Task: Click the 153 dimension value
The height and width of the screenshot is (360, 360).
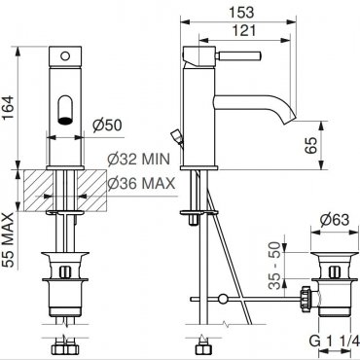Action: (x=241, y=13)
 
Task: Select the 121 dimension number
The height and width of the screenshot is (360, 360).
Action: (x=244, y=30)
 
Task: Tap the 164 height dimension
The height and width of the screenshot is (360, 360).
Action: (x=8, y=108)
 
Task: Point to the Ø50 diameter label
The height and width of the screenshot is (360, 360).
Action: (x=107, y=126)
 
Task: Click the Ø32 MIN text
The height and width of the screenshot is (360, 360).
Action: (x=139, y=159)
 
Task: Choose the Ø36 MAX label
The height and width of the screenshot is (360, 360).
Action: (x=141, y=184)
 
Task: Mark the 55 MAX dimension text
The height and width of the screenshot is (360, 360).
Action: (x=8, y=240)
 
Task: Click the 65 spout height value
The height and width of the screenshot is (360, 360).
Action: (x=310, y=145)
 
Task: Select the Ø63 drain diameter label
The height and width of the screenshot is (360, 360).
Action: (x=335, y=220)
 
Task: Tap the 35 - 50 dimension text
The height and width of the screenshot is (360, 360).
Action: (x=275, y=266)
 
